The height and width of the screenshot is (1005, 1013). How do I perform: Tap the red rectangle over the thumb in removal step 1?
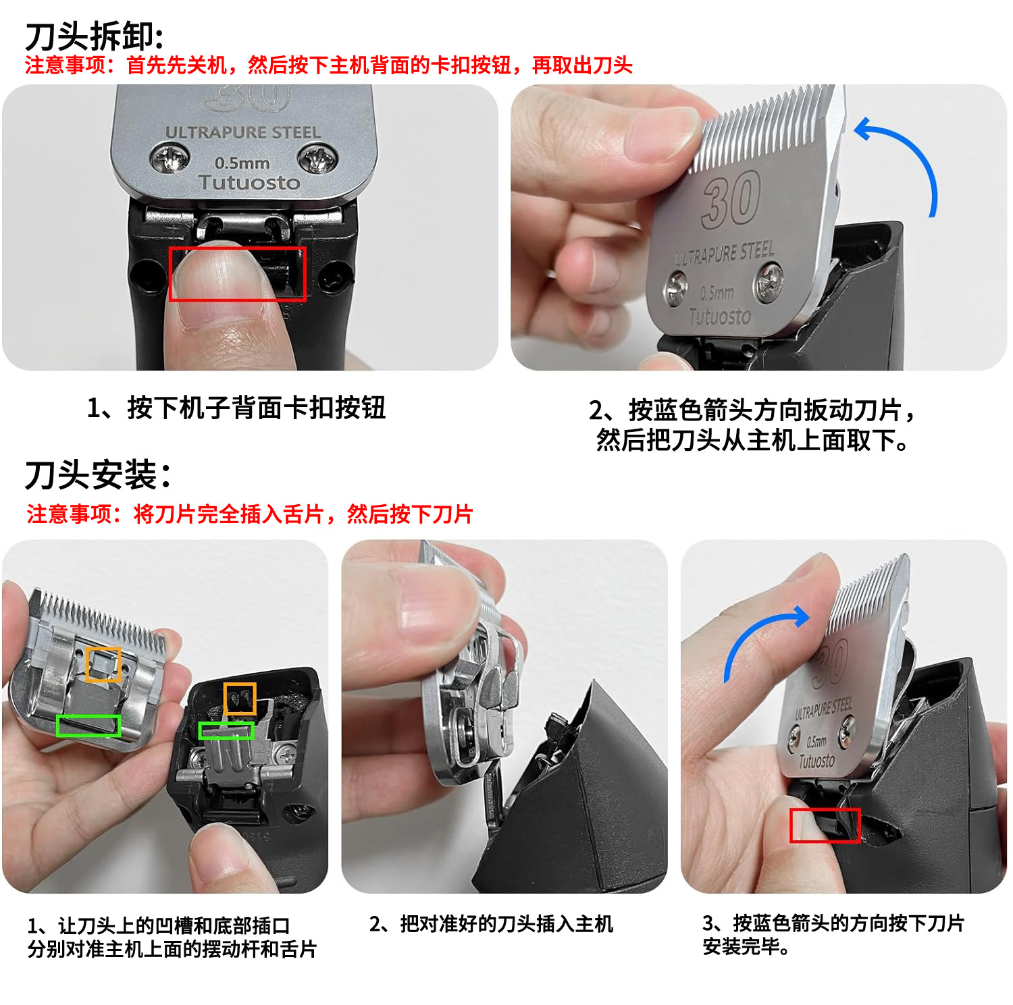(x=237, y=247)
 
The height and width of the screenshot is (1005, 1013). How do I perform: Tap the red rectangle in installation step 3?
(x=825, y=809)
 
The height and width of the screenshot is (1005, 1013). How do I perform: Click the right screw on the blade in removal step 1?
(x=316, y=159)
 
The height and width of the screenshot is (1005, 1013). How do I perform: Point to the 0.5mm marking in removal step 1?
(x=242, y=163)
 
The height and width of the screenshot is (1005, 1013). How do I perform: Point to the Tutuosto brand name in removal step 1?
(x=249, y=183)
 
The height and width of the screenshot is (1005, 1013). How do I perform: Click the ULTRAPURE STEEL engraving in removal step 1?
(x=243, y=132)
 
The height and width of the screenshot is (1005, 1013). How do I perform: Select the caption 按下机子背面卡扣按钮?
(x=236, y=408)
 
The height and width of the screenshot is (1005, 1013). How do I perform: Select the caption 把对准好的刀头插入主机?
(x=492, y=923)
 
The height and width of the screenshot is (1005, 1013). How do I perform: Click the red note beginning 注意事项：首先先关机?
(x=329, y=65)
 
